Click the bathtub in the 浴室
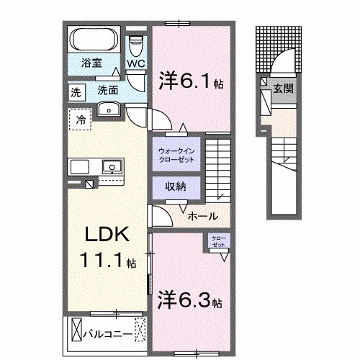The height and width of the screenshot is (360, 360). tap(94, 38)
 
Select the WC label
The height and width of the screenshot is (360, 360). tap(136, 63)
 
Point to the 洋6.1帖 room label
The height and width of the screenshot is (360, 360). tap(189, 81)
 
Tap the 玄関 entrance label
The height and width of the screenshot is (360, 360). tap(282, 88)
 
